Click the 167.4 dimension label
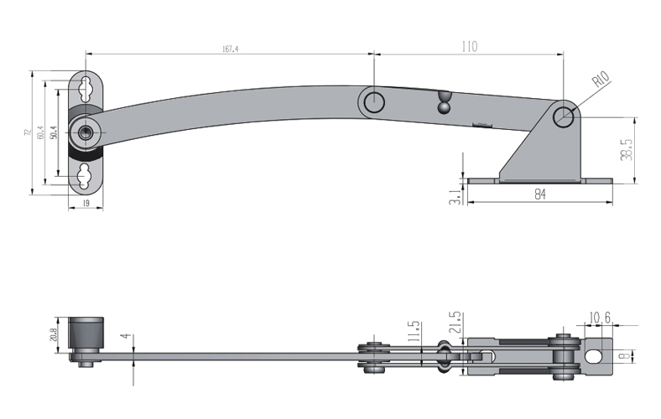coord(231,49)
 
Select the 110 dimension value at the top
coord(468,47)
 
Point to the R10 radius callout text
coord(601,81)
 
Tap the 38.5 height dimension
coord(626,149)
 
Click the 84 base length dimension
coord(539,194)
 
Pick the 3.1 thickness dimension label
coord(454,197)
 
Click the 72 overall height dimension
coord(28,133)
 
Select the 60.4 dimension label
coord(41,133)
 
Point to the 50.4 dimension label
coord(53,132)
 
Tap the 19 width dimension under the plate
coord(86,204)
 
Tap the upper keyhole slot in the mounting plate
coord(86,87)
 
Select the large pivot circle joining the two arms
coord(374,102)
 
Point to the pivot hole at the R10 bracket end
coord(565,116)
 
